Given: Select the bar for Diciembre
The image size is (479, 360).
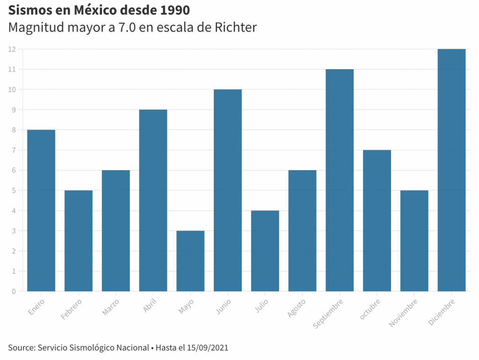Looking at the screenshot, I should pos(451,170).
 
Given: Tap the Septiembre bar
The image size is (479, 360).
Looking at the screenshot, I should pos(340,180).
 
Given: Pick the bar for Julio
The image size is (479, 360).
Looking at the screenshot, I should pos(265,251).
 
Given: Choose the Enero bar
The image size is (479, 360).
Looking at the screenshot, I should pos(41,210).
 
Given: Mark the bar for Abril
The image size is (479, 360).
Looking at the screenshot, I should pos(153,201).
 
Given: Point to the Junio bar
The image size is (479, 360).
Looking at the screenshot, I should pos(228,190).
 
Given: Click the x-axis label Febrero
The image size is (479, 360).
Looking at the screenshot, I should pos(72,309).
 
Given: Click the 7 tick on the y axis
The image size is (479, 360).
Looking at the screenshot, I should pos(14,150).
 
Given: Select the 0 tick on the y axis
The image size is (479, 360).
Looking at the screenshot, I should pos(14,291).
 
